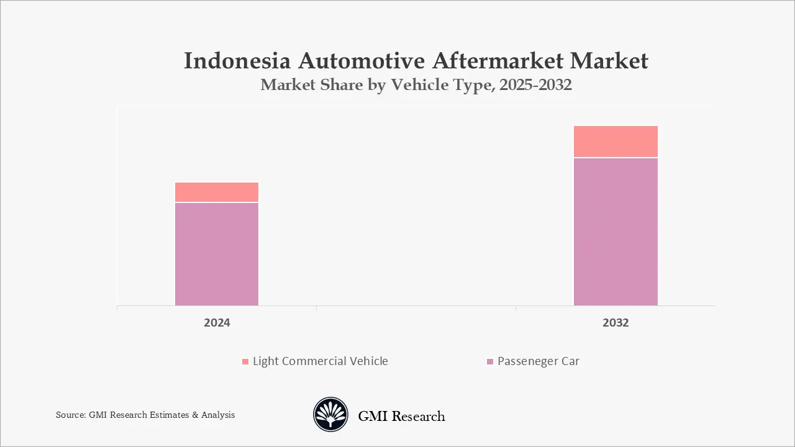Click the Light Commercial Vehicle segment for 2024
pyautogui.click(x=217, y=192)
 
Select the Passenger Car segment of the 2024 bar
pyautogui.click(x=217, y=254)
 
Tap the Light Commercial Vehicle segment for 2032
pyautogui.click(x=616, y=142)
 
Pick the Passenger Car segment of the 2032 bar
pyautogui.click(x=616, y=232)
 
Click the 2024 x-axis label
pyautogui.click(x=217, y=323)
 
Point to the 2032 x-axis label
pyautogui.click(x=616, y=323)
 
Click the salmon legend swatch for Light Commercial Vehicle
pyautogui.click(x=245, y=361)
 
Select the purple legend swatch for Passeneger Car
pyautogui.click(x=490, y=361)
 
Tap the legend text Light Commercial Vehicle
pyautogui.click(x=320, y=361)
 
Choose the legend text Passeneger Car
pyautogui.click(x=538, y=361)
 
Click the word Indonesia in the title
pyautogui.click(x=238, y=61)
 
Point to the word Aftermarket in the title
pyautogui.click(x=497, y=61)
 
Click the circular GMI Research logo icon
pyautogui.click(x=330, y=415)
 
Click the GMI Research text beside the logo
pyautogui.click(x=401, y=416)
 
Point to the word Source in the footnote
pyautogui.click(x=70, y=415)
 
